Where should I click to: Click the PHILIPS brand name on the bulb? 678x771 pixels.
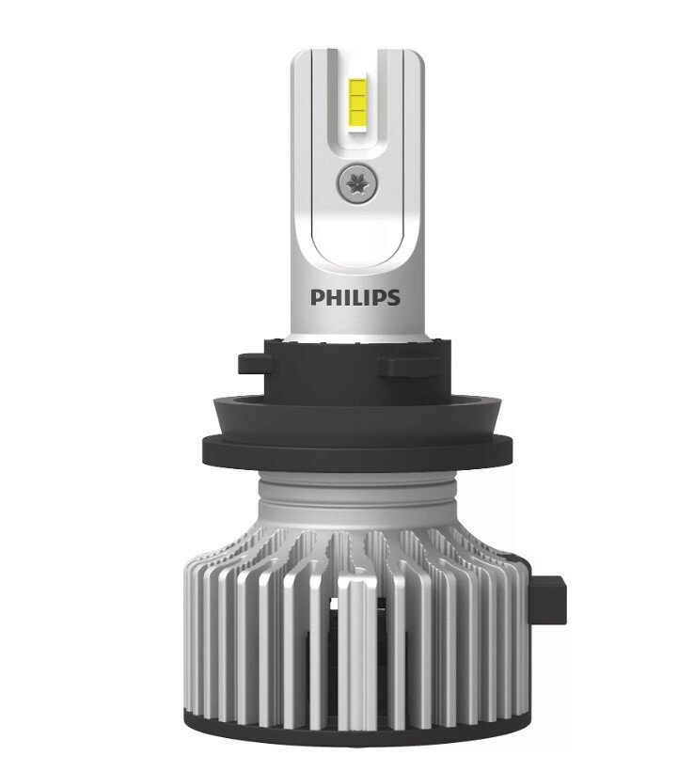355,298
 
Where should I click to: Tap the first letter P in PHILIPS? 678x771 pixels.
317,298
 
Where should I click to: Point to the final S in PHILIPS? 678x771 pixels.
393,298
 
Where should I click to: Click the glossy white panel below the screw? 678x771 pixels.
355,240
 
